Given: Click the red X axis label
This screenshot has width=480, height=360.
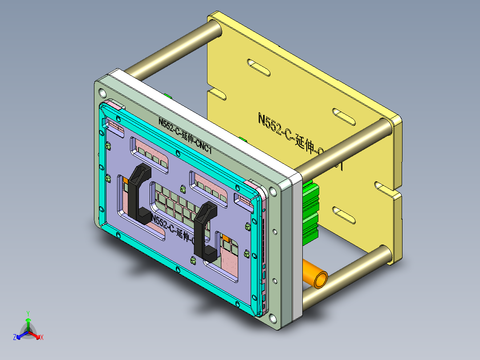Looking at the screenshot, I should point(42,337).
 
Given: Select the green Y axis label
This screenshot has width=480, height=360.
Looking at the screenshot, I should point(28,313).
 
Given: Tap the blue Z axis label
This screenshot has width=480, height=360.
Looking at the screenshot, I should point(14,337).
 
